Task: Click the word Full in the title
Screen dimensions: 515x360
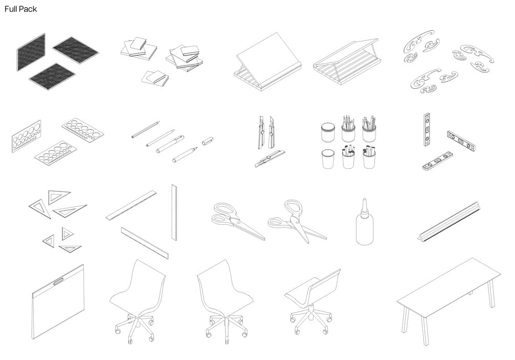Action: pyautogui.click(x=11, y=9)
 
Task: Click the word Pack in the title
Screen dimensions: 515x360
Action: pyautogui.click(x=28, y=9)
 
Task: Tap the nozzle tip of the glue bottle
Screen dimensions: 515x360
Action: pyautogui.click(x=364, y=199)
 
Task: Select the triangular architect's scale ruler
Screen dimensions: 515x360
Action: pyautogui.click(x=449, y=222)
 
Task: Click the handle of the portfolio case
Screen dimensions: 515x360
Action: pyautogui.click(x=58, y=281)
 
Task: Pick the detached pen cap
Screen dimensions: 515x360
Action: pyautogui.click(x=208, y=140)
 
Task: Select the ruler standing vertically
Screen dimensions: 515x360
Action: pyautogui.click(x=174, y=213)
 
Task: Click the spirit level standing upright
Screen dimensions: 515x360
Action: pyautogui.click(x=427, y=130)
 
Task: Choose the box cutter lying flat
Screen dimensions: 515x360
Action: pyautogui.click(x=270, y=159)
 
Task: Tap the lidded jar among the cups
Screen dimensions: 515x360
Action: pyautogui.click(x=327, y=133)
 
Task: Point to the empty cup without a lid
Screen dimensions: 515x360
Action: pyautogui.click(x=328, y=159)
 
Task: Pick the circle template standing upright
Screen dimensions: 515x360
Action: pyautogui.click(x=27, y=136)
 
